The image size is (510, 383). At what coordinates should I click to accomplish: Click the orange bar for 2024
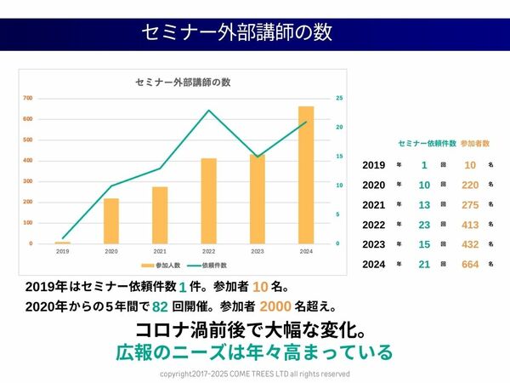coord(306,175)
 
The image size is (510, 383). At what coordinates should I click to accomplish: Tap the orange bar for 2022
coord(208,201)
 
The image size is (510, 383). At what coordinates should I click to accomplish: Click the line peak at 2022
coord(208,111)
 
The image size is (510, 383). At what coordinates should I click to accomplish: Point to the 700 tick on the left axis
coord(28,98)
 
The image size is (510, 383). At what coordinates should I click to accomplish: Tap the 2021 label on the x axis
coord(160,252)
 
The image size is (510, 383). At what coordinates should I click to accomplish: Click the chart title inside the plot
coord(184,83)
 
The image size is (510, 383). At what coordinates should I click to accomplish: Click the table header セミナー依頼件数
coord(427,143)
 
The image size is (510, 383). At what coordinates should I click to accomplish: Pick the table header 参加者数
coord(475,143)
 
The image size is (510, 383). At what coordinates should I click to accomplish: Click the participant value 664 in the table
coord(470,265)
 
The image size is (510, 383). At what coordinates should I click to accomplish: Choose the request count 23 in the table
coord(423,225)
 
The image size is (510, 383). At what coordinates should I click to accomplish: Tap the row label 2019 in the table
coord(374,165)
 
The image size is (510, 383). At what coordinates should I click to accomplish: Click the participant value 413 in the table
coord(470,225)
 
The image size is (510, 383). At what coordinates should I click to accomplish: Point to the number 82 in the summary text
coord(159,306)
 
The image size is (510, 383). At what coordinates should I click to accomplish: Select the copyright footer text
coord(255,374)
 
